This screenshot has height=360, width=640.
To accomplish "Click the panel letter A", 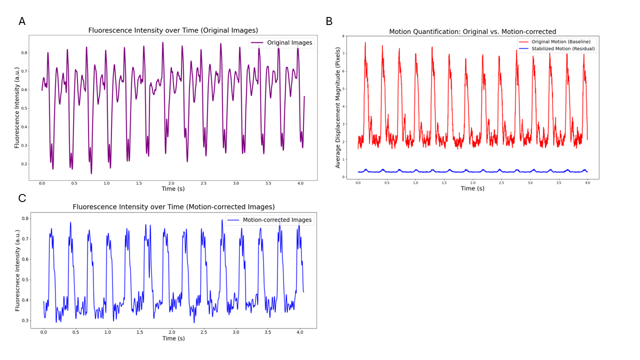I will pos(22,21).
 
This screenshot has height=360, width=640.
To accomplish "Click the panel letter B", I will pos(329,21).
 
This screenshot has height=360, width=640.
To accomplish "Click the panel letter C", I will pos(22,198).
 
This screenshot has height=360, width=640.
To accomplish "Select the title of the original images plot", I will pos(173,30).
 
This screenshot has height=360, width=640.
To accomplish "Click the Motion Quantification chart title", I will pos(472,31).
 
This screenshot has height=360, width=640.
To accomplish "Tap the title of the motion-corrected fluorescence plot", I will pos(173,206).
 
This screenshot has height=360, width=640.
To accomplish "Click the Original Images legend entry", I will pos(289,42).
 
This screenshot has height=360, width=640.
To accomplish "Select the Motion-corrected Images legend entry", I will pos(276,219).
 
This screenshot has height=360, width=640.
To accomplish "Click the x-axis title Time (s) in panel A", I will pos(173,189).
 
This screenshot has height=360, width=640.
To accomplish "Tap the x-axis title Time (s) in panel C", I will pos(173,338).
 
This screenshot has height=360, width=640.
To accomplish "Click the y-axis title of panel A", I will pos(16,107).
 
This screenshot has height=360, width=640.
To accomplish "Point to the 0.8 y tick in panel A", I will pos(23,52).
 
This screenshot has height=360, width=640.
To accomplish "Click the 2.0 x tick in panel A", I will pos(171,183).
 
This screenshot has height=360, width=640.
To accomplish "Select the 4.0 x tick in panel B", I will pos(587,183).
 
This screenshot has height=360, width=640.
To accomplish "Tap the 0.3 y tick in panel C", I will pos(25,320).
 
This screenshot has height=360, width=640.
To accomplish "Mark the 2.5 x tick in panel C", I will pos(203,332).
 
